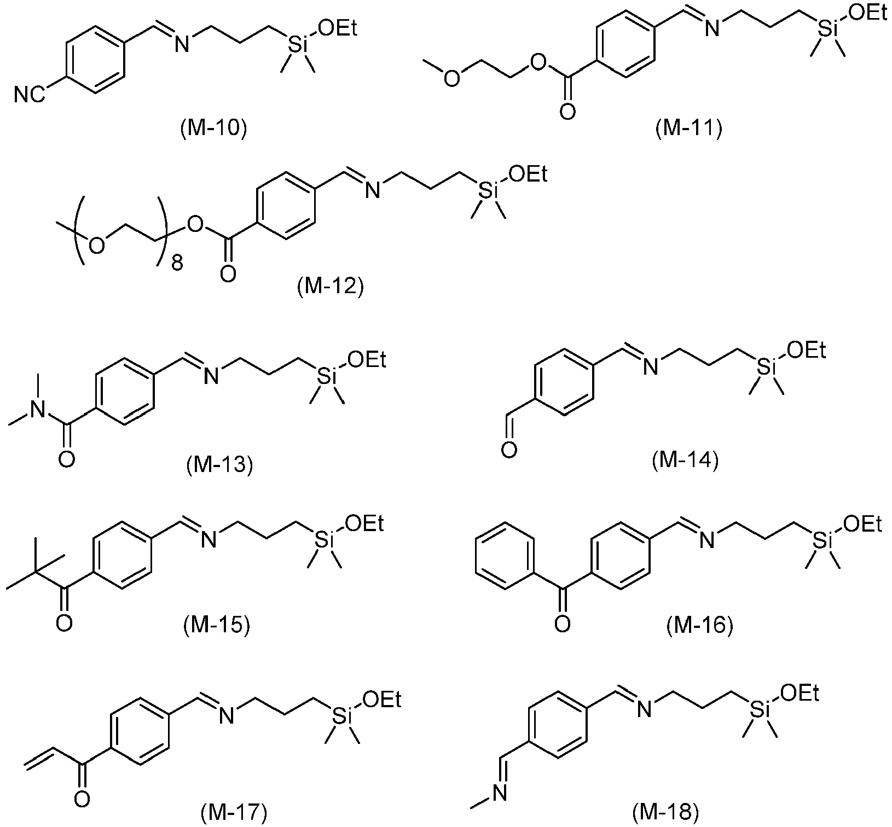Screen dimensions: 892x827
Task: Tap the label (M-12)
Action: click(331, 286)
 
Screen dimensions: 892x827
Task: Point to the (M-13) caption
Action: click(219, 465)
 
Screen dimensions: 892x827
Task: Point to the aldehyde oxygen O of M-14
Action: click(509, 452)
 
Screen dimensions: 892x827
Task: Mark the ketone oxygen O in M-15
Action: click(64, 624)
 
